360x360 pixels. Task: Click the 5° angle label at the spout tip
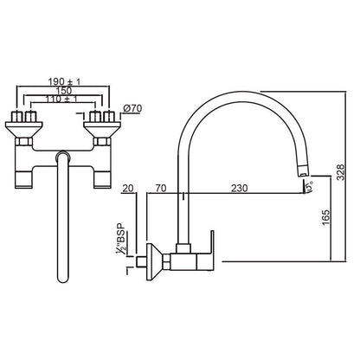(x=308, y=186)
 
